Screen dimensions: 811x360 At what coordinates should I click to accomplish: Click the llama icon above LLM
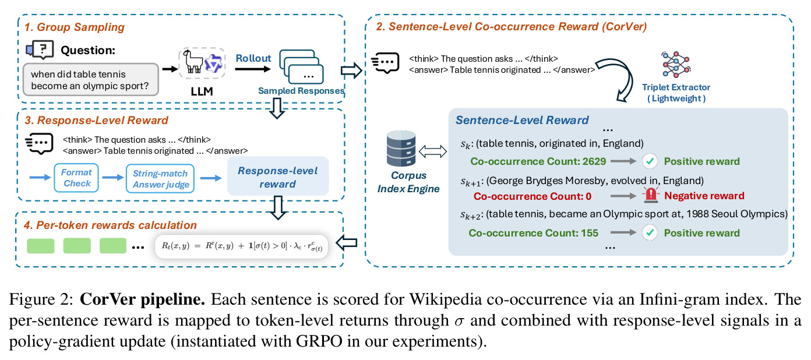click(x=193, y=62)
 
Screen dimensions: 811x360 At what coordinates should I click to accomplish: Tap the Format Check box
click(x=76, y=178)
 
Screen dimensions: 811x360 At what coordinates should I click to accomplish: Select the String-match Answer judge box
click(x=160, y=179)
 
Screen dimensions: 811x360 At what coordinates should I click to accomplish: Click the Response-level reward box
click(x=278, y=177)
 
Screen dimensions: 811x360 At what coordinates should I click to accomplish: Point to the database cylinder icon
click(x=401, y=149)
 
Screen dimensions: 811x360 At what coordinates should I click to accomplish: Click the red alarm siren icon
click(x=651, y=195)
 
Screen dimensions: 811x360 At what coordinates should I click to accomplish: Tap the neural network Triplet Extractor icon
click(x=676, y=65)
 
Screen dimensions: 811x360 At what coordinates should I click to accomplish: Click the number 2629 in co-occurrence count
click(x=594, y=161)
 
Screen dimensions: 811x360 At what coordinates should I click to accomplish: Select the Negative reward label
click(x=704, y=196)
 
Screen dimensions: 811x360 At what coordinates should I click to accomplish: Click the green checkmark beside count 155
click(x=650, y=232)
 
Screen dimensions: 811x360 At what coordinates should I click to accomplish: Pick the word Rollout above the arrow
click(x=253, y=58)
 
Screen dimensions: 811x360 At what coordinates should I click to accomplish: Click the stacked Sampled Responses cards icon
click(x=301, y=66)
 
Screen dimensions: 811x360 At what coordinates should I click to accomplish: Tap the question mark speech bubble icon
click(x=40, y=50)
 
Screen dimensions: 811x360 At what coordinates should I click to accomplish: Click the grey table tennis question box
click(x=91, y=80)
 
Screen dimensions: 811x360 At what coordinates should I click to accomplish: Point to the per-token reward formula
click(x=241, y=247)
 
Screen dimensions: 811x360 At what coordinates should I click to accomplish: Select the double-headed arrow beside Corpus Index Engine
click(x=433, y=151)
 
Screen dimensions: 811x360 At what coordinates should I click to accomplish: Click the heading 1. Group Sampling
click(x=74, y=27)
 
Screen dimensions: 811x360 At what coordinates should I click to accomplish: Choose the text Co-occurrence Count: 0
click(x=533, y=196)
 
